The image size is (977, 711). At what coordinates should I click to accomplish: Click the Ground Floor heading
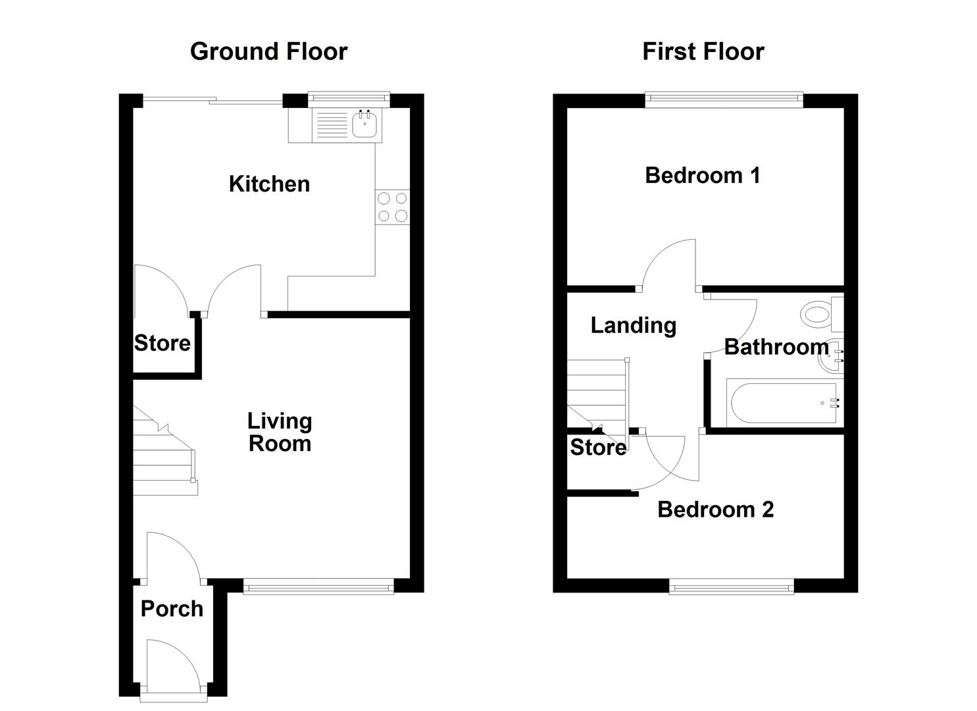268,51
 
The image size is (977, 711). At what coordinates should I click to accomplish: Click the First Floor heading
703,51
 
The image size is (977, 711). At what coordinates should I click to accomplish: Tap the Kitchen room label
269,184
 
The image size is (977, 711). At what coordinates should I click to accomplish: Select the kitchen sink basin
366,124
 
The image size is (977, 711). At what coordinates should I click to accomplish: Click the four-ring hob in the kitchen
392,207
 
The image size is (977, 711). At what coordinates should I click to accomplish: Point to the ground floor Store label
163,343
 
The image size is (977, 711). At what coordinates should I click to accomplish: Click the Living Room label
280,432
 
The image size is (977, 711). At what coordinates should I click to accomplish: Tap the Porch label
172,609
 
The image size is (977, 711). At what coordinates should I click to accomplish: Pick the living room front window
318,586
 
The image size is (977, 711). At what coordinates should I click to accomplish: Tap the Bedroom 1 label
703,176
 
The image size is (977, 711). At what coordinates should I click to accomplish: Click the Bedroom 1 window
724,100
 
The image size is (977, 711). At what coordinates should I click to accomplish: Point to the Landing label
633,325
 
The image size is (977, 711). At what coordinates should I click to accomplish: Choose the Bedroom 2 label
715,510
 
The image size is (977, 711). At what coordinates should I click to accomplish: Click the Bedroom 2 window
732,586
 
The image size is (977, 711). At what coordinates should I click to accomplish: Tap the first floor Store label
597,448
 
